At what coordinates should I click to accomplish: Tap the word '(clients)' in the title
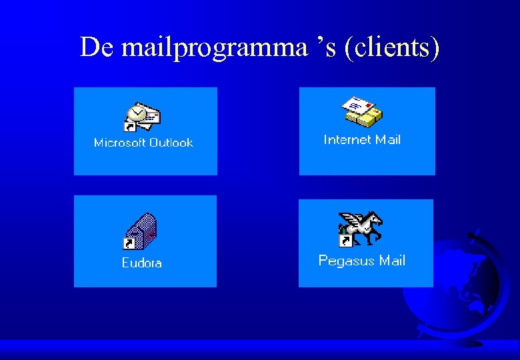click(x=392, y=48)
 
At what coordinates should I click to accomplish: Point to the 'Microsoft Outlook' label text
click(x=143, y=143)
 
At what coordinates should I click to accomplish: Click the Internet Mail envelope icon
click(x=362, y=111)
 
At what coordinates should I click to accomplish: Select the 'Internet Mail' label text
click(x=362, y=139)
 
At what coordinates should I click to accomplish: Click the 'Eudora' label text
click(x=141, y=263)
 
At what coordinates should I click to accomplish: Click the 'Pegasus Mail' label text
click(x=361, y=261)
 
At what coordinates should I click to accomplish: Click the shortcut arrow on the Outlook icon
click(x=129, y=126)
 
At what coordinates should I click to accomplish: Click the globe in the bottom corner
click(x=467, y=287)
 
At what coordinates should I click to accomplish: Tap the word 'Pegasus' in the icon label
click(x=347, y=261)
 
